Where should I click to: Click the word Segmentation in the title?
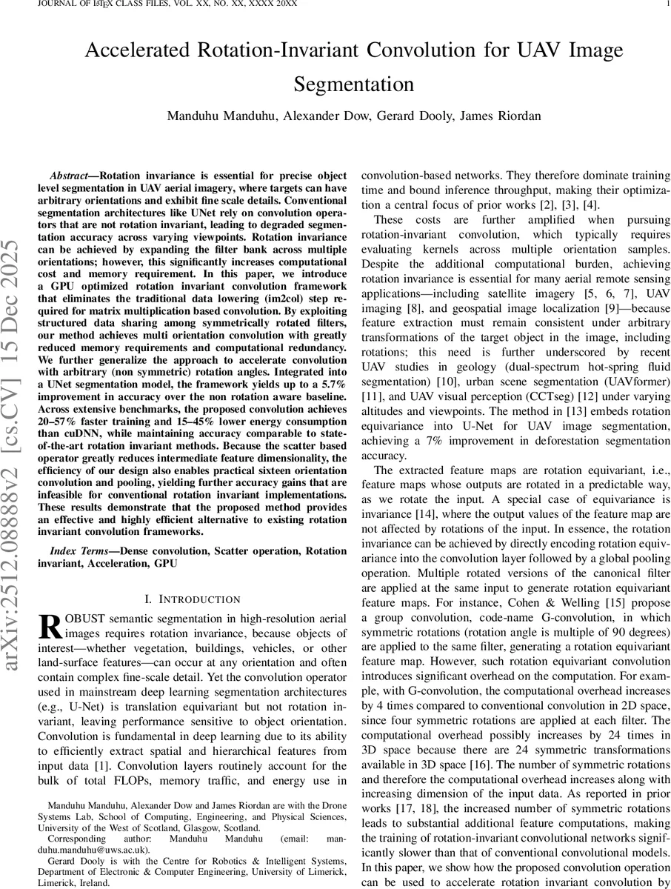pos(354,84)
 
